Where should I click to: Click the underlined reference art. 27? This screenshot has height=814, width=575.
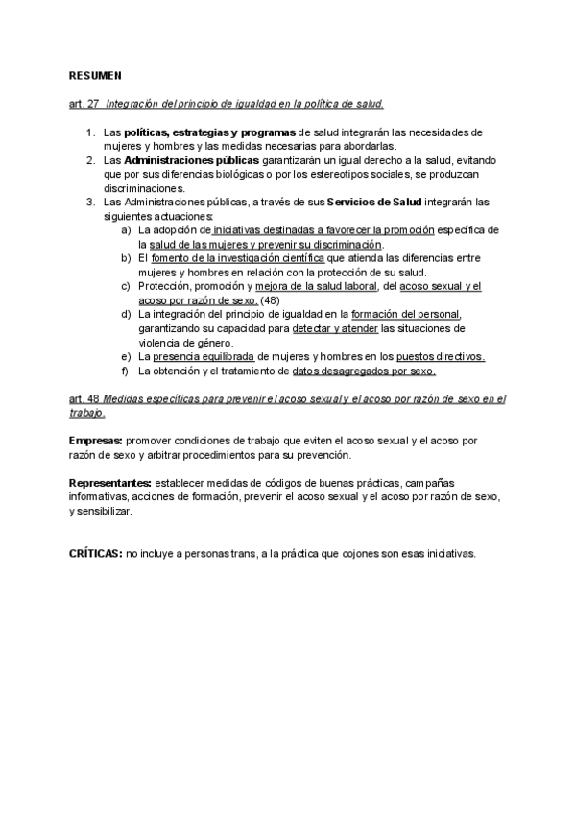click(x=84, y=103)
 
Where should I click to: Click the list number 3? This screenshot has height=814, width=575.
click(x=90, y=202)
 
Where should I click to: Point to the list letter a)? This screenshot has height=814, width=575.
click(x=127, y=230)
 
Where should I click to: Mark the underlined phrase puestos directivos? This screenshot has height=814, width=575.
click(x=441, y=356)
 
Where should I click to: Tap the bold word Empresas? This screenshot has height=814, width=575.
click(x=95, y=441)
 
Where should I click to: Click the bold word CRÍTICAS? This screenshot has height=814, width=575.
click(x=95, y=553)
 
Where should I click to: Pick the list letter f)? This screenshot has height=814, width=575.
click(x=126, y=371)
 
